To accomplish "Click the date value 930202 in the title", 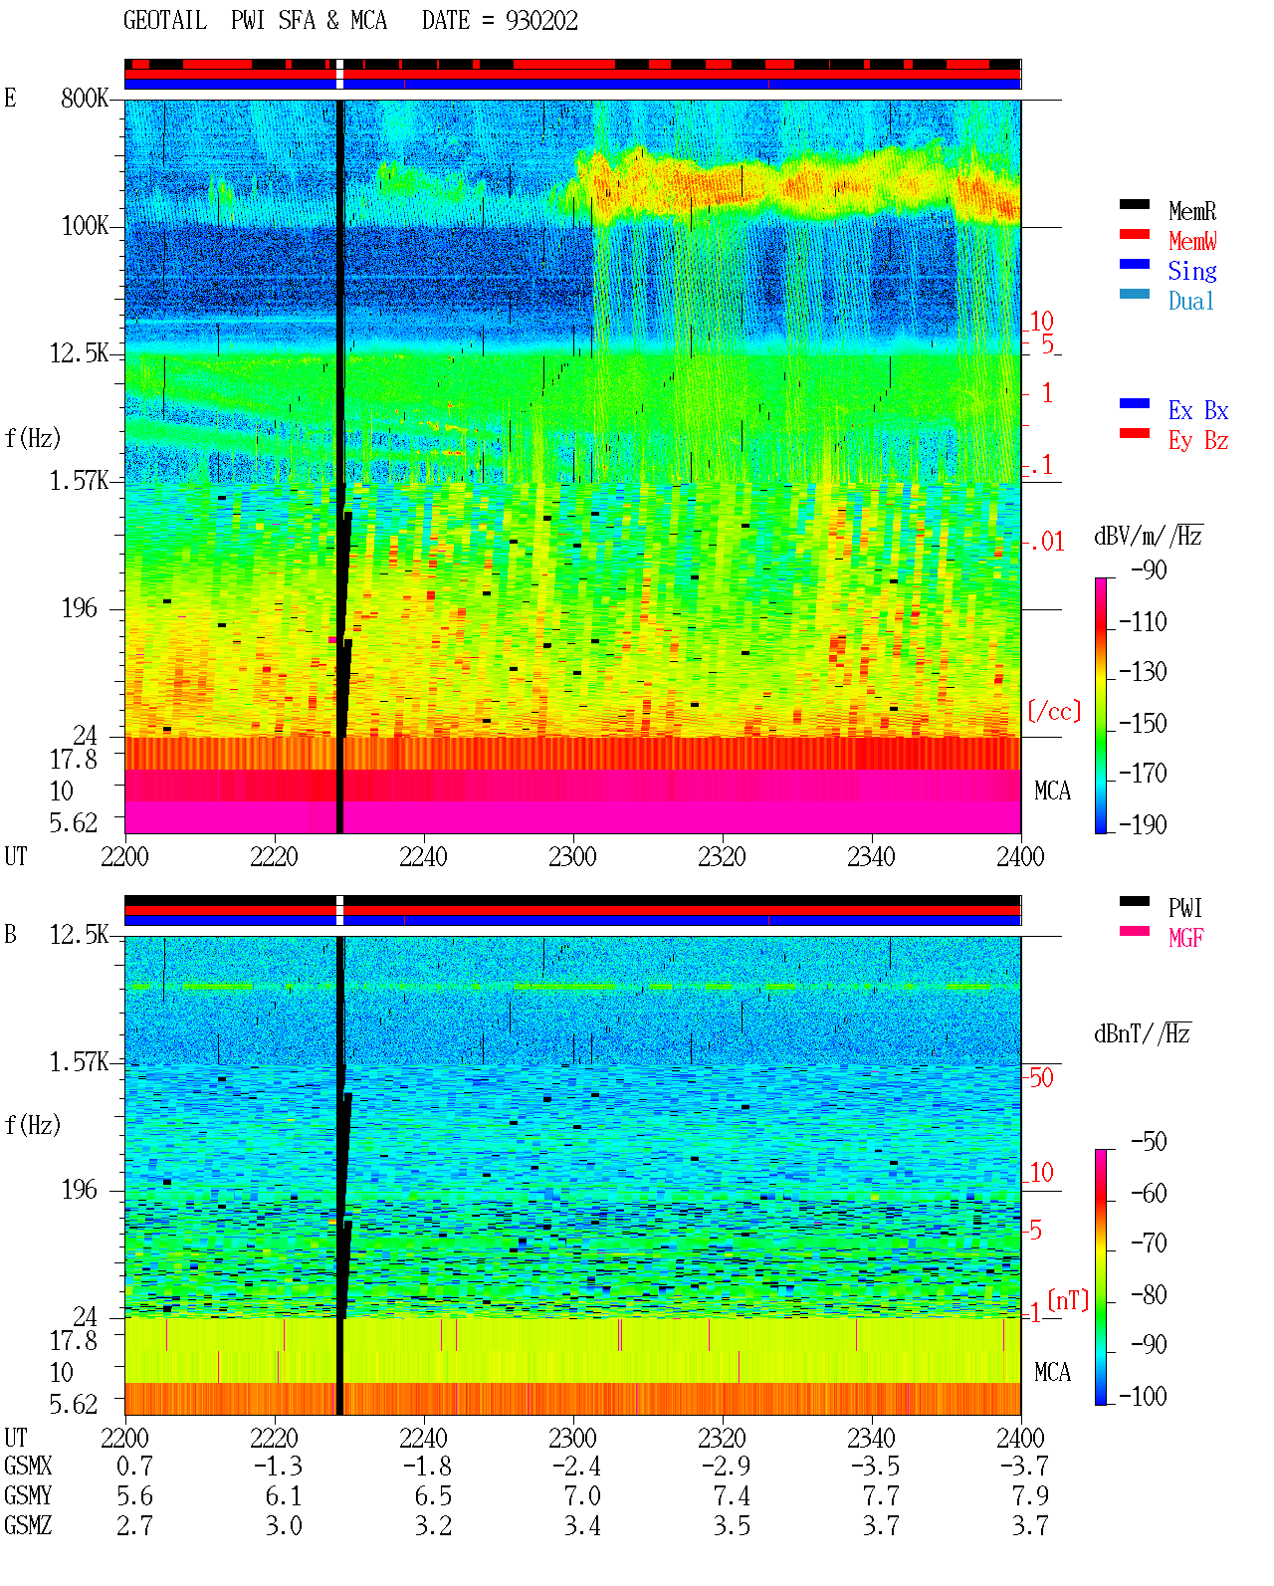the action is tap(541, 21).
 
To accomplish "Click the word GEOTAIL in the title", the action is tap(165, 21).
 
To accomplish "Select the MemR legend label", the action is tap(1191, 211).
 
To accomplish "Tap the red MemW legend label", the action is tap(1192, 241).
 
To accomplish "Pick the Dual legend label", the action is tap(1191, 301).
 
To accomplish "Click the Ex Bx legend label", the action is tap(1198, 410).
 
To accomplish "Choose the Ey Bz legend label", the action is tap(1198, 440).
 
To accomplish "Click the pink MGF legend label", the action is tap(1186, 938).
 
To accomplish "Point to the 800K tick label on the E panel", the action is tap(85, 98).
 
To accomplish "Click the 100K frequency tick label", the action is tap(85, 226).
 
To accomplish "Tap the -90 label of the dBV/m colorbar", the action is tap(1149, 569).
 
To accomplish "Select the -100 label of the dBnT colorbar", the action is tap(1143, 1396).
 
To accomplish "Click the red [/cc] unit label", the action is tap(1054, 711).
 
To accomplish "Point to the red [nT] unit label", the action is tap(1068, 1300).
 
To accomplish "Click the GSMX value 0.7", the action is tap(134, 1466).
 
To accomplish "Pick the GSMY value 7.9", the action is tap(1030, 1495).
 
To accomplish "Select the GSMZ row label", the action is tap(28, 1525).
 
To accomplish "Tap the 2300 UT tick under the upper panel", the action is tap(572, 856).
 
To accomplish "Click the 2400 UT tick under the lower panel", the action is tap(1020, 1438).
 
